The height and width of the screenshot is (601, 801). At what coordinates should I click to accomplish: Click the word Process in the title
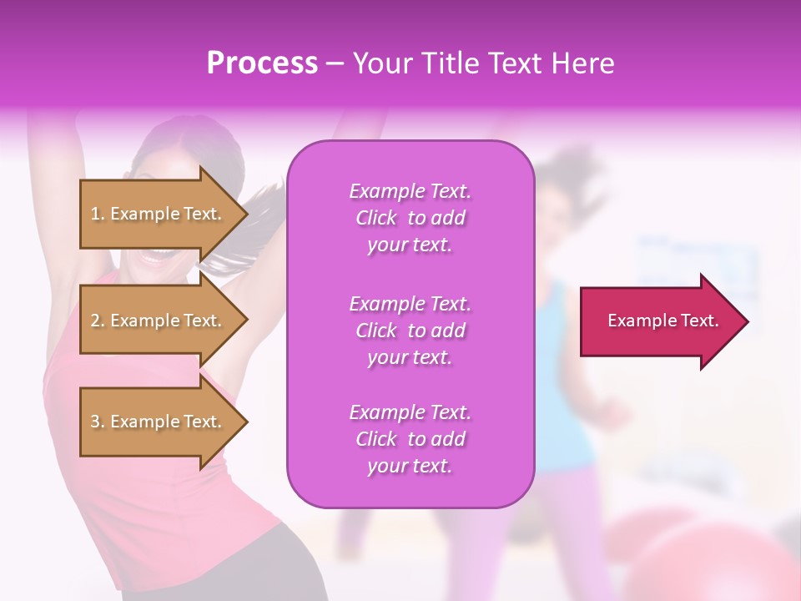click(x=262, y=63)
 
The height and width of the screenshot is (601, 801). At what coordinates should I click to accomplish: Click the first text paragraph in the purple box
click(x=410, y=218)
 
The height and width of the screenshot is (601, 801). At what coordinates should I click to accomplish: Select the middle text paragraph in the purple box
click(x=410, y=330)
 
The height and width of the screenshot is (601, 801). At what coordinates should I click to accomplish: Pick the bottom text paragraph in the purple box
click(x=410, y=439)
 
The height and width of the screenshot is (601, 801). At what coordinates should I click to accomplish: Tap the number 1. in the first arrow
click(x=98, y=214)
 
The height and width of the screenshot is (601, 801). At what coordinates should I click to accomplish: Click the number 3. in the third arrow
click(x=98, y=422)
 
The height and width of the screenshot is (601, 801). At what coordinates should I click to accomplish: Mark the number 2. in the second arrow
click(x=98, y=321)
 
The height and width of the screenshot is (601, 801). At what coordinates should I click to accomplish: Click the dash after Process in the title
click(x=335, y=63)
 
